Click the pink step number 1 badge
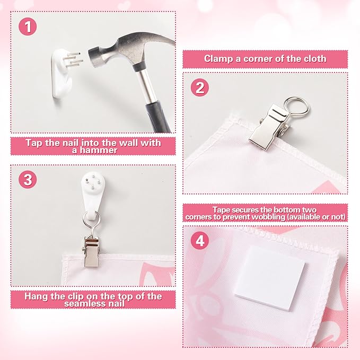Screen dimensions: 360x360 click(28, 27)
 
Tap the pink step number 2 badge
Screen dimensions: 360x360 click(200, 87)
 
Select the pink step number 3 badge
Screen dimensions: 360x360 click(28, 180)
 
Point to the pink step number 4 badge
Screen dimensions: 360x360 click(200, 241)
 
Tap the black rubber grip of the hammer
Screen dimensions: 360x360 click(159, 117)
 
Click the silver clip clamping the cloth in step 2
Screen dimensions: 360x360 click(270, 127)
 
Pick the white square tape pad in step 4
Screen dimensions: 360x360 click(269, 278)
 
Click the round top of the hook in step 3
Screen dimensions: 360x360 click(93, 181)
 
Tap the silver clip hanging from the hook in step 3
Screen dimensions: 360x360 click(91, 252)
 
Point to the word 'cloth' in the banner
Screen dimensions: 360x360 click(315, 59)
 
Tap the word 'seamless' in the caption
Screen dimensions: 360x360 click(82, 304)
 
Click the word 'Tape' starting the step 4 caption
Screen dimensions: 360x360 click(221, 210)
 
